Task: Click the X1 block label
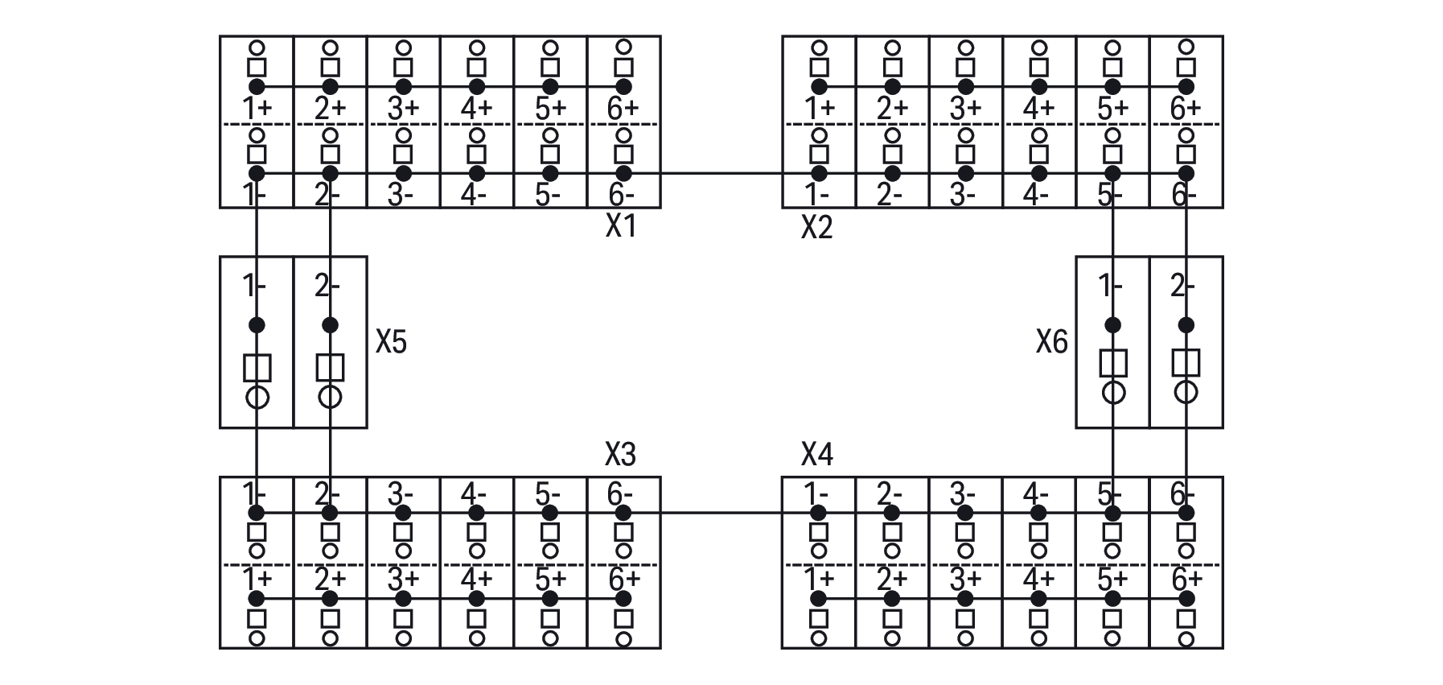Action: pos(620,227)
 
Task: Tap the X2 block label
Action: pos(816,229)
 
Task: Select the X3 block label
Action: pos(620,455)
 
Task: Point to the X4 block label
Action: pos(816,455)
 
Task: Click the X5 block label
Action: pos(391,343)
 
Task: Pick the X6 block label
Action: pos(1051,343)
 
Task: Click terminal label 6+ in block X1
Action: pos(623,108)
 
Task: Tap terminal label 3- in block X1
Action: pos(403,195)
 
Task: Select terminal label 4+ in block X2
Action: pos(1038,108)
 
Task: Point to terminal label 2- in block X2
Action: pos(890,195)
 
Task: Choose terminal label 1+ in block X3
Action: pos(257,579)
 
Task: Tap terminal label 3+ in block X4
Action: pos(965,579)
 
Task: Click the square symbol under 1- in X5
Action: pos(257,368)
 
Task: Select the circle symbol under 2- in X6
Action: pos(1186,392)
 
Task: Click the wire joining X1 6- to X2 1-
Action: pos(721,173)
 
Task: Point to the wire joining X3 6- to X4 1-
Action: pos(721,513)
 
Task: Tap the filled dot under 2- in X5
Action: pos(330,325)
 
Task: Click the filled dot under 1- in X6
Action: pos(1112,325)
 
